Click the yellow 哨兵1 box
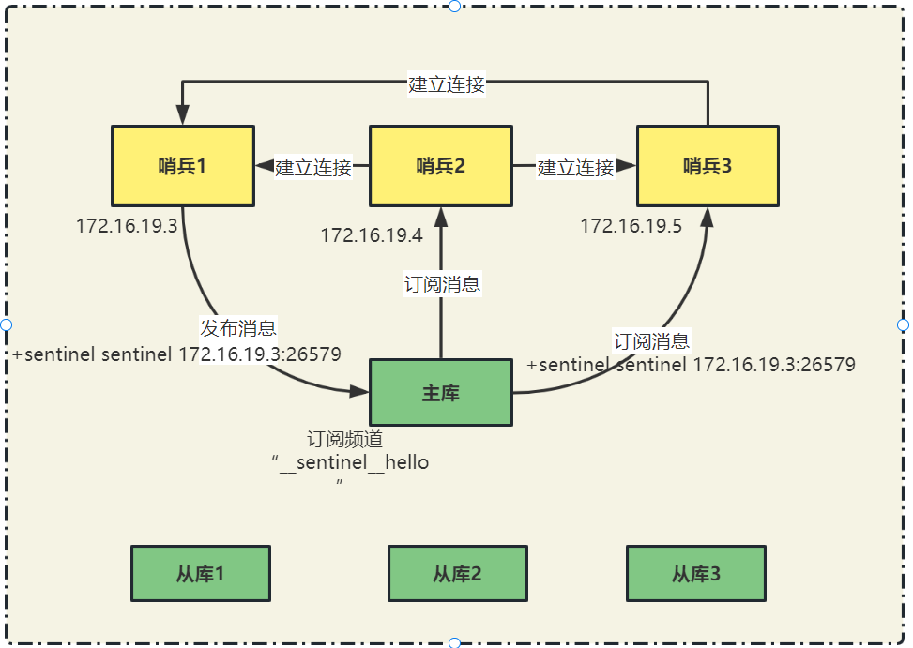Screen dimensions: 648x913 tap(182, 166)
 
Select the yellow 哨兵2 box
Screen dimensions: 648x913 tap(441, 166)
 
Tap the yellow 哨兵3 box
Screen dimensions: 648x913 tap(708, 166)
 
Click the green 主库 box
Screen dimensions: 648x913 tap(441, 392)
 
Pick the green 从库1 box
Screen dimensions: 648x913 tap(200, 573)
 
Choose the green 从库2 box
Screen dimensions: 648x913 tap(458, 573)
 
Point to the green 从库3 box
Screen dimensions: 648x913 tap(696, 573)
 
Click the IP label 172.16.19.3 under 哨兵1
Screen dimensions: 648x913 tap(128, 226)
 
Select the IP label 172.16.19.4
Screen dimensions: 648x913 tap(372, 235)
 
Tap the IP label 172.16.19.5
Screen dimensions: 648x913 tap(631, 226)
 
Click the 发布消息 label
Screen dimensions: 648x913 tap(238, 328)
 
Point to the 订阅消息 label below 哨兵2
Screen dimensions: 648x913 tap(442, 284)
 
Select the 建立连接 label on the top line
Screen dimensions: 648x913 tap(447, 84)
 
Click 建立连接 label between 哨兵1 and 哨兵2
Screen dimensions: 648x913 tap(313, 168)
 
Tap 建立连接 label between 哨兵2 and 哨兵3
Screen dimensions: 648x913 tap(575, 168)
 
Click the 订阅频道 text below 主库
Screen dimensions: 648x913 tap(344, 439)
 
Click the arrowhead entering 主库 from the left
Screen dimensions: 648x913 tap(359, 392)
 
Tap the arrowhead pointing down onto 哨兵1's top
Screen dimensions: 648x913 tap(182, 114)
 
